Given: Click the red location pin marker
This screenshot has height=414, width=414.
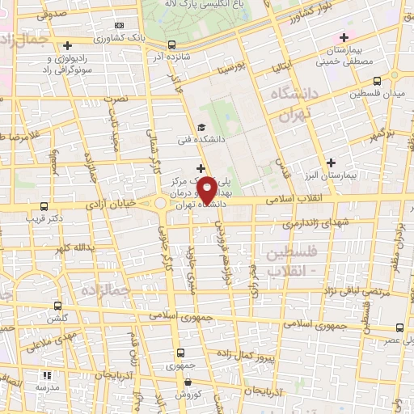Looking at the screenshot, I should click(207, 189).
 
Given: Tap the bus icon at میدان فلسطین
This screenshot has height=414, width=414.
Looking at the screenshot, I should click(378, 81).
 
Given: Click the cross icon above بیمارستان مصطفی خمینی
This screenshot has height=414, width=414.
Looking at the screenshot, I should click(344, 37).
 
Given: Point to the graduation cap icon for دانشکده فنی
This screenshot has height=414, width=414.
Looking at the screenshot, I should click(201, 126).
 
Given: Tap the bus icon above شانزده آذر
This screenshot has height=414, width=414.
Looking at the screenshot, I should click(171, 45).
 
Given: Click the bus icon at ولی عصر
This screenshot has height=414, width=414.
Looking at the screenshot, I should click(399, 328).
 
